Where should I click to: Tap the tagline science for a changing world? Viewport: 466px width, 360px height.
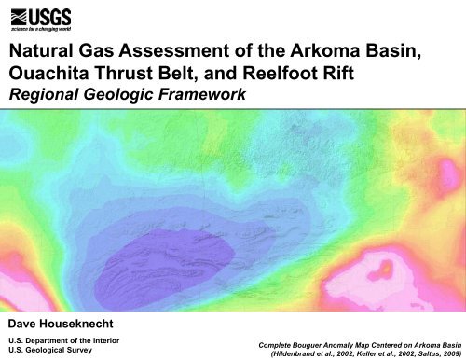(48, 29)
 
